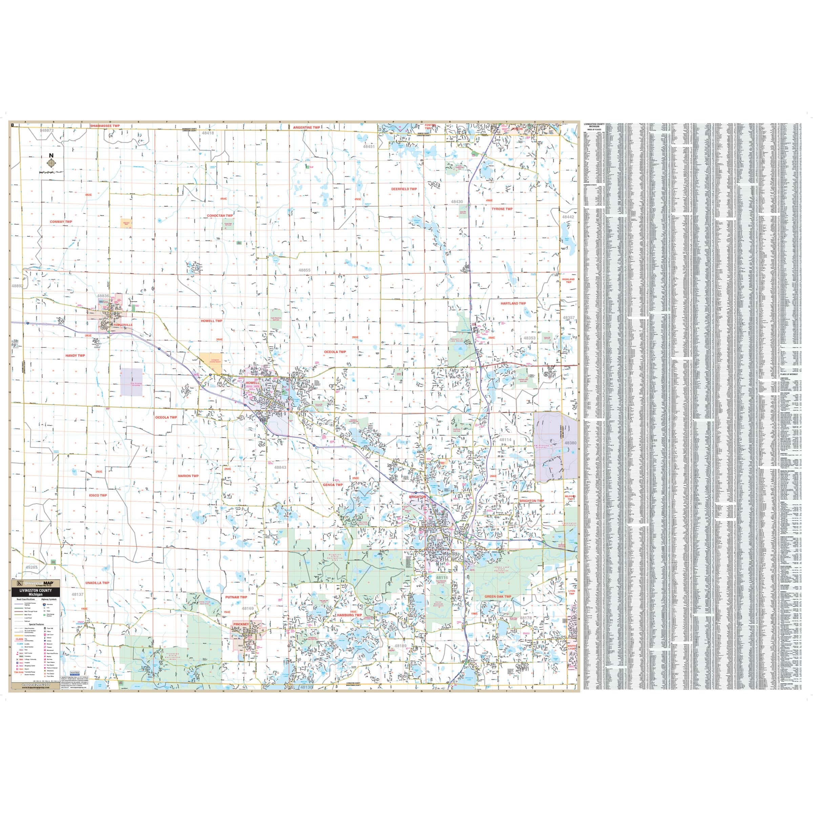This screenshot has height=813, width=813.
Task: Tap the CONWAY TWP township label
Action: point(61,221)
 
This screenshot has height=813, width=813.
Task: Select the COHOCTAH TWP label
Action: point(220,215)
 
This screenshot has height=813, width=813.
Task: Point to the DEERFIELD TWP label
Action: point(404,189)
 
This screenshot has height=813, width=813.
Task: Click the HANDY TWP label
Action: point(75,356)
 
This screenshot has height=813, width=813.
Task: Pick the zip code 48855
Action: point(304,270)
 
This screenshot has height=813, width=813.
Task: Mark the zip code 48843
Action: point(280,467)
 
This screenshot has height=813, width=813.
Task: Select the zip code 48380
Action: point(570,443)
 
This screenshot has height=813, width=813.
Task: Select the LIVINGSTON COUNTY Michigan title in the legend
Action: point(36,591)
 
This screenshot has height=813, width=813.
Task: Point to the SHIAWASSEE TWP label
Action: point(105,126)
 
